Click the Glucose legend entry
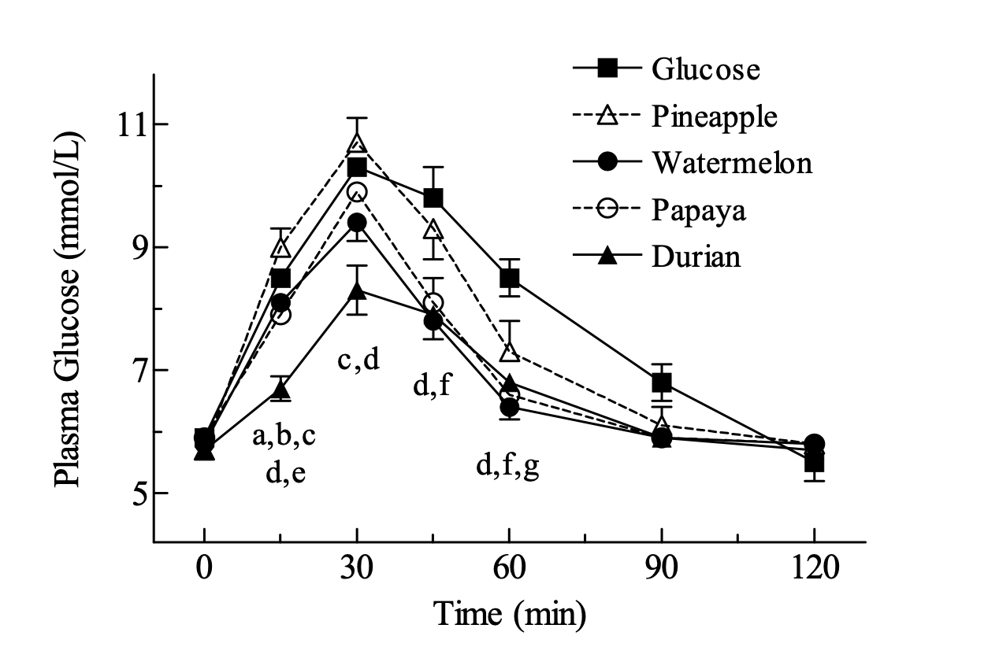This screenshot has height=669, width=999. [x=705, y=69]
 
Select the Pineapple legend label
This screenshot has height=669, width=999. [x=715, y=116]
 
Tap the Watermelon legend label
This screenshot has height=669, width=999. [x=731, y=164]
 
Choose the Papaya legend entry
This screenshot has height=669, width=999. [x=699, y=211]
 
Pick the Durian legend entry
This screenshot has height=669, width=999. [x=696, y=257]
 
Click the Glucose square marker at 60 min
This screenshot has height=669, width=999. [x=509, y=278]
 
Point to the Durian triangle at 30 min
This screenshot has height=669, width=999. [x=357, y=290]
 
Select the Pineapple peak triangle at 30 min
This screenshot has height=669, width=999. [x=357, y=144]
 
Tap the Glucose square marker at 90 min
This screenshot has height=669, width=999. [x=662, y=383]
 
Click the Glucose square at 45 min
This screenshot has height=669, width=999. [x=433, y=198]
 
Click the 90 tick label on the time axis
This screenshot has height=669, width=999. [x=662, y=567]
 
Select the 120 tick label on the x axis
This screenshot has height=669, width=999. [x=814, y=567]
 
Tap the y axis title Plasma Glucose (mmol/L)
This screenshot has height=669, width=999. [x=69, y=307]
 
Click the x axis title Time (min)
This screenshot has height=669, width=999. [x=510, y=614]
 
